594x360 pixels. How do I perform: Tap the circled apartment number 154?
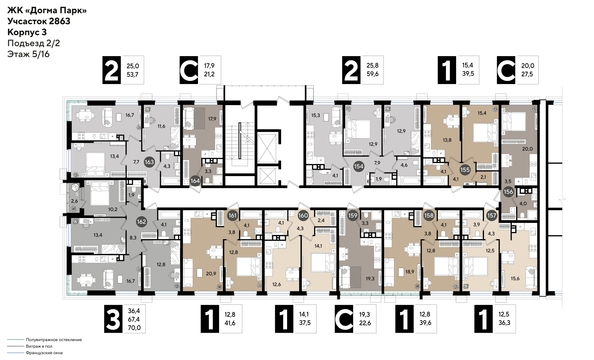(359, 168)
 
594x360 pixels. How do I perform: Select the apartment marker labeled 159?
(352, 214)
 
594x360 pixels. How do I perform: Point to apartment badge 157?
(490, 214)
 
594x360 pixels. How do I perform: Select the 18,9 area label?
(410, 270)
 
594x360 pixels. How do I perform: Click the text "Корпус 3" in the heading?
(26, 32)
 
